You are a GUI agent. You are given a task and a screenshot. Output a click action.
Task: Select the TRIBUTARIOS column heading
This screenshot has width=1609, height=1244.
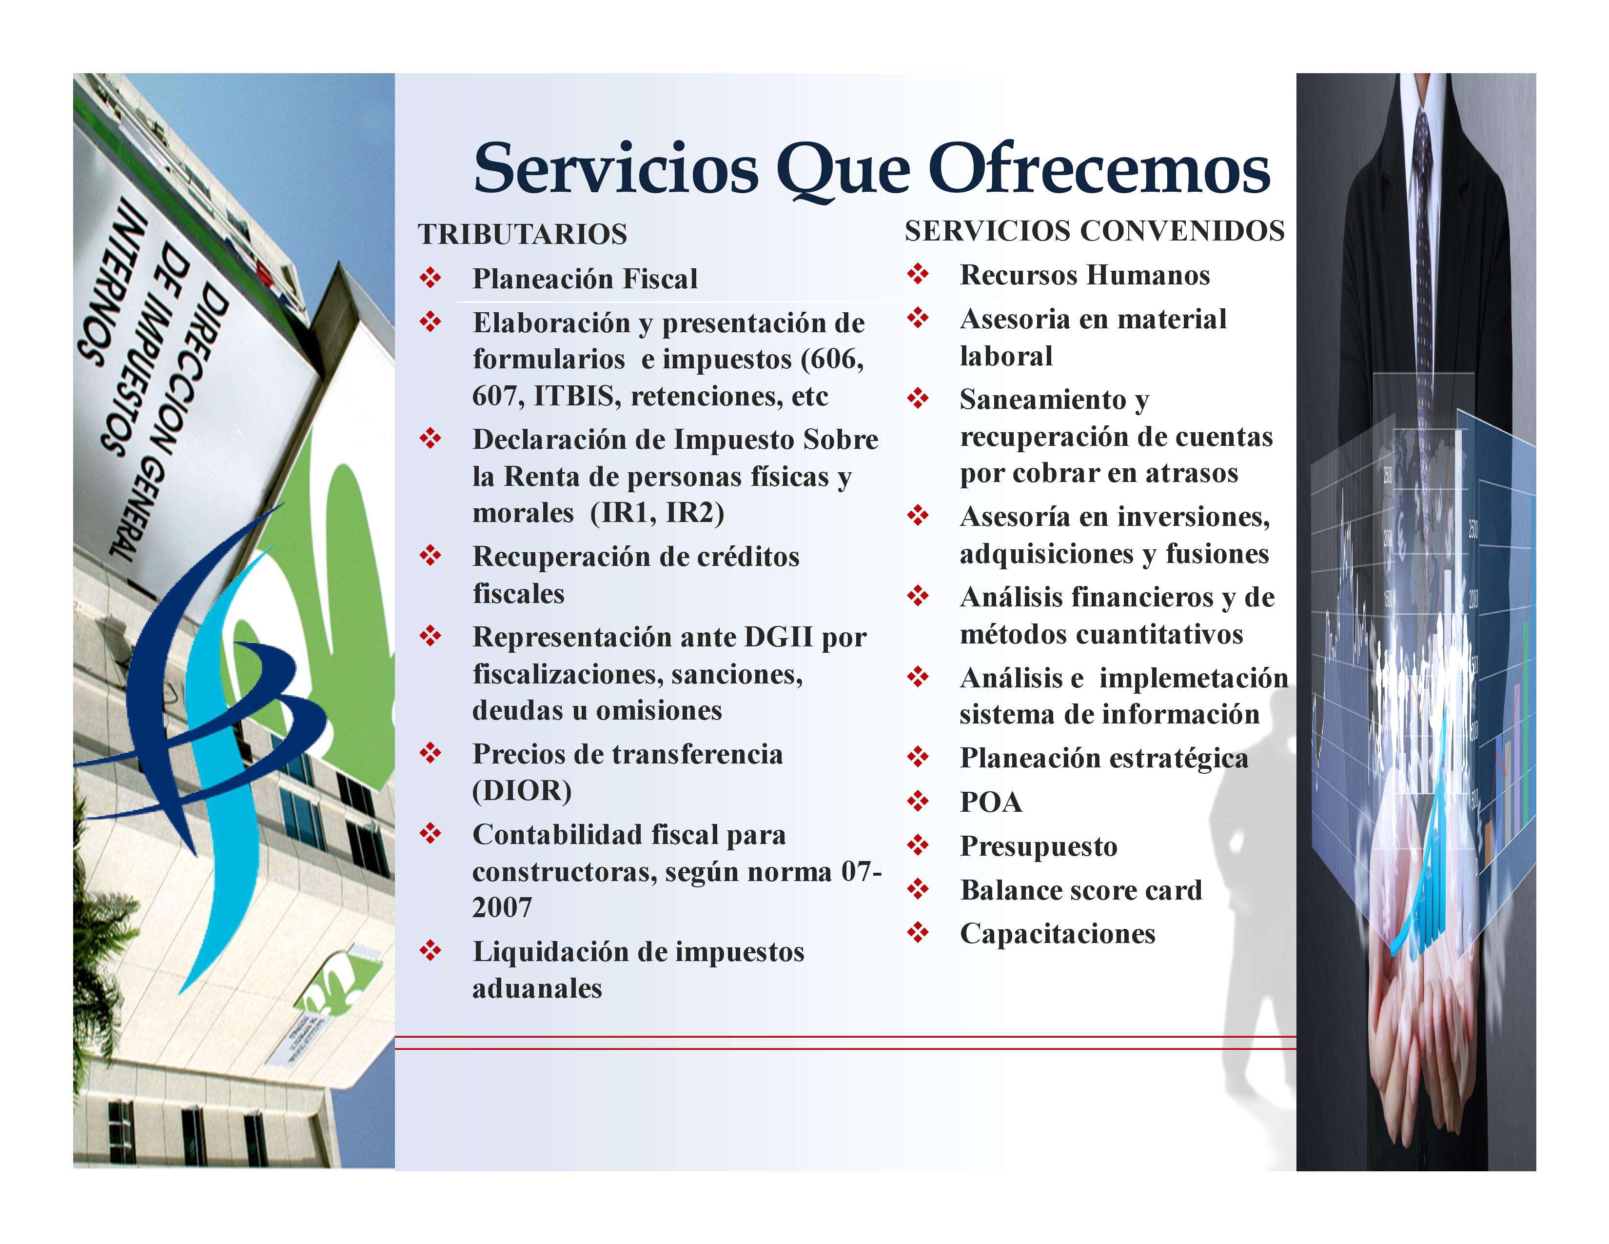[x=522, y=234]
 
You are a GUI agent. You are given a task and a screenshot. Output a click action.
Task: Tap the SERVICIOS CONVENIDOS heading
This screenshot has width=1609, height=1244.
[x=1095, y=231]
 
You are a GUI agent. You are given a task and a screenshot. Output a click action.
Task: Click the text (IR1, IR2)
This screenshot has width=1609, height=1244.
[x=657, y=513]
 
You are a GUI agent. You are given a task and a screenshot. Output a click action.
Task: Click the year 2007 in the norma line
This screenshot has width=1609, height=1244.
[x=502, y=907]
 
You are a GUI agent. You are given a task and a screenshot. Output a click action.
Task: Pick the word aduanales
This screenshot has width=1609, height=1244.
[x=537, y=988]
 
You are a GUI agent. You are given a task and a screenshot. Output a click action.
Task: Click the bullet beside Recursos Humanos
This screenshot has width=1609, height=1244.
[x=918, y=274]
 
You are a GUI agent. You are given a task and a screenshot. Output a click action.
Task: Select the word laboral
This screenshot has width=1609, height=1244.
[x=1005, y=356]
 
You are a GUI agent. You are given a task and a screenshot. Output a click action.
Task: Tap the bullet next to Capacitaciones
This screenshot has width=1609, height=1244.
[x=918, y=933]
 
